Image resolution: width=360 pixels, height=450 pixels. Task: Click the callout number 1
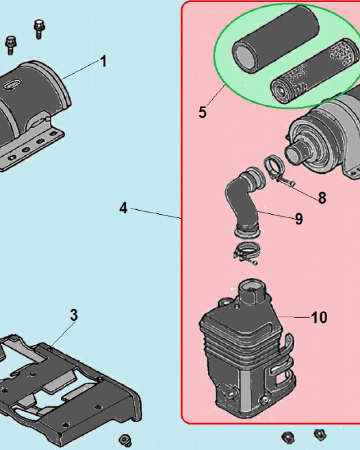103,61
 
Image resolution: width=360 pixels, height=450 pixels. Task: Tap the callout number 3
74,315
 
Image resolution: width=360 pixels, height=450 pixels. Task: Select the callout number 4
123,208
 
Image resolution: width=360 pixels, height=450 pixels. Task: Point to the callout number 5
202,112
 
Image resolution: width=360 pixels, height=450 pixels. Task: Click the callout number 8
322,198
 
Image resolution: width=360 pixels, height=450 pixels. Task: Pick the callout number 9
299,219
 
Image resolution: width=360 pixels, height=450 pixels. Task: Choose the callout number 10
319,317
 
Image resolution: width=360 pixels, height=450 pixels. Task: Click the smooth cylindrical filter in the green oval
275,40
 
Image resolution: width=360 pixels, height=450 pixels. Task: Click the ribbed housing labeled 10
247,350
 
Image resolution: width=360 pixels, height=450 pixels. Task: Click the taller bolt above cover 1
39,29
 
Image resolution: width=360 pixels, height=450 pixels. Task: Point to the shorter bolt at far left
11,45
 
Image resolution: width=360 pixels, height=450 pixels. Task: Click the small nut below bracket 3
125,439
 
